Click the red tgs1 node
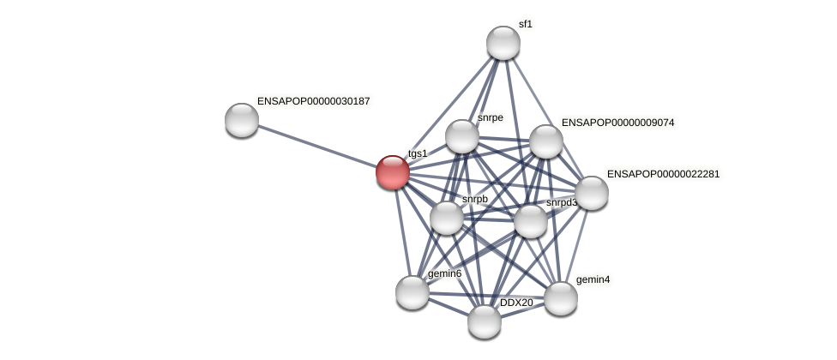pyautogui.click(x=393, y=172)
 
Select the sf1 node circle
pyautogui.click(x=503, y=43)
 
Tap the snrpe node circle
pyautogui.click(x=462, y=136)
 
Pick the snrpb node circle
pyautogui.click(x=447, y=218)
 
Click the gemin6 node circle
pyautogui.click(x=412, y=292)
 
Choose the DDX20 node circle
pyautogui.click(x=485, y=321)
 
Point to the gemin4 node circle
pyautogui.click(x=561, y=298)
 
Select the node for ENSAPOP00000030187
pyautogui.click(x=242, y=120)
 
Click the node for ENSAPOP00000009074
pyautogui.click(x=546, y=141)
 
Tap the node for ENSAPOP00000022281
pyautogui.click(x=592, y=193)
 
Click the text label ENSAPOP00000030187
pyautogui.click(x=313, y=101)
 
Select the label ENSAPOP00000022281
pyautogui.click(x=663, y=174)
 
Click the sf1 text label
pyautogui.click(x=525, y=24)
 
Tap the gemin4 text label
pyautogui.click(x=593, y=279)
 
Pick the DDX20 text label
pyautogui.click(x=516, y=303)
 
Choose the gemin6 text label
pyautogui.click(x=444, y=273)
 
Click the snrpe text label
pyautogui.click(x=491, y=117)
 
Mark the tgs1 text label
pyautogui.click(x=418, y=153)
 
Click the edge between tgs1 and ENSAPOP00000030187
pyautogui.click(x=317, y=146)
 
